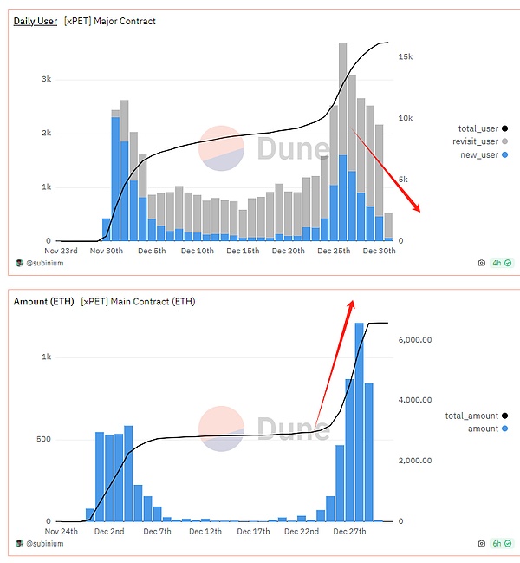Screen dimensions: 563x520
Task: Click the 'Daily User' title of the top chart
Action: pyautogui.click(x=35, y=21)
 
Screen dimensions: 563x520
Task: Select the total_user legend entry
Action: pyautogui.click(x=478, y=128)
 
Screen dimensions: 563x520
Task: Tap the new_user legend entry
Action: pyautogui.click(x=478, y=154)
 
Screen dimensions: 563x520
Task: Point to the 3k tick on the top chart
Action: pyautogui.click(x=46, y=80)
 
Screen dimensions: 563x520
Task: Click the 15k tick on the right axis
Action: pyautogui.click(x=405, y=56)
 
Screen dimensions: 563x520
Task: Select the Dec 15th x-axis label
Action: pyautogui.click(x=244, y=252)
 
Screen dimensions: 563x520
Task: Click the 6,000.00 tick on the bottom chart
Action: pyautogui.click(x=415, y=340)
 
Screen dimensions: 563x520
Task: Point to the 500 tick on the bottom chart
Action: pyautogui.click(x=43, y=439)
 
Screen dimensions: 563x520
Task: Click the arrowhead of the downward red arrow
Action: pyautogui.click(x=418, y=209)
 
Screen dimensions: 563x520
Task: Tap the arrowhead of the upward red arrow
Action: pyautogui.click(x=353, y=302)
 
